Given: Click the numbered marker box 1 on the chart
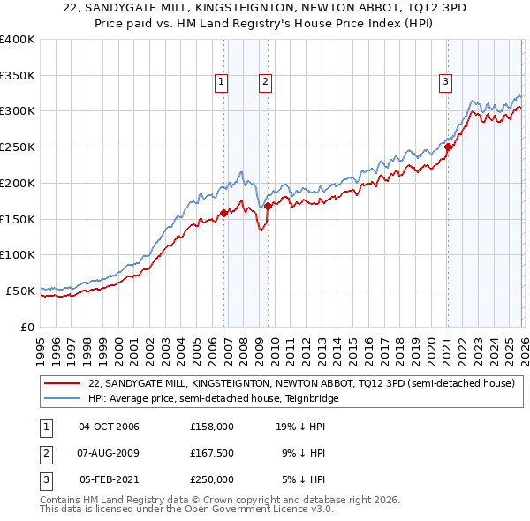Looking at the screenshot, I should (x=221, y=82).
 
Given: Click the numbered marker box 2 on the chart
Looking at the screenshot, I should (x=265, y=82).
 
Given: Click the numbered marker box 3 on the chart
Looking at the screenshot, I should (x=445, y=82).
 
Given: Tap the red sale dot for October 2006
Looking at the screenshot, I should (x=224, y=212).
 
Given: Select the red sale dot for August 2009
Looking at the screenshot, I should (x=268, y=207).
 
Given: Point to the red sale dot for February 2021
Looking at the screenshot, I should (x=448, y=147).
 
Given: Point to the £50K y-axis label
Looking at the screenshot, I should (x=20, y=291).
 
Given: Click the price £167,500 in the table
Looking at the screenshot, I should (x=211, y=453).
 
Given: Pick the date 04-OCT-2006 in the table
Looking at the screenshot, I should (x=109, y=427).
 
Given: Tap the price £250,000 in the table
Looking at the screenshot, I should (x=211, y=479).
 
